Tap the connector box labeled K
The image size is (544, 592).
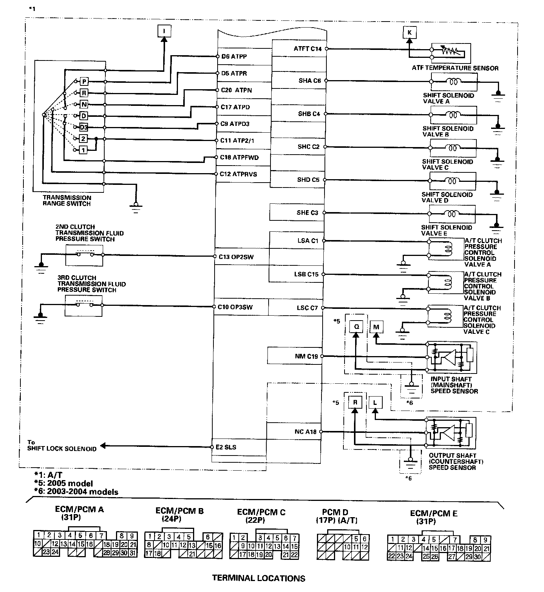[410, 33]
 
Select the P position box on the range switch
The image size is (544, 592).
[84, 81]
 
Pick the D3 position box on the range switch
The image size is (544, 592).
[83, 127]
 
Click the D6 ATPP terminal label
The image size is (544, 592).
[234, 56]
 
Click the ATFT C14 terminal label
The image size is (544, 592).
[308, 49]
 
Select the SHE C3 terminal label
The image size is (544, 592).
[308, 213]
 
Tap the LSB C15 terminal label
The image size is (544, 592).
[308, 274]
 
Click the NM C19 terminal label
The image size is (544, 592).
[306, 356]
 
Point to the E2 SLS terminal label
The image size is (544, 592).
[228, 447]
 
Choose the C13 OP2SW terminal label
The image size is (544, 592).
[236, 257]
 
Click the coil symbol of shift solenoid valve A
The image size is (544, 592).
[452, 81]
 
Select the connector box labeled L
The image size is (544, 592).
[375, 403]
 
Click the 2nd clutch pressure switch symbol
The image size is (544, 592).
[84, 254]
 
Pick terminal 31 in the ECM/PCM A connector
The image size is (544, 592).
[132, 553]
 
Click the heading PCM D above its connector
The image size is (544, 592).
[335, 512]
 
